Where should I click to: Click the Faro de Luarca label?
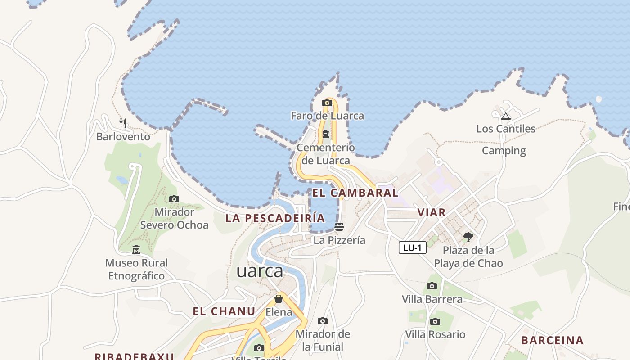tap(327, 116)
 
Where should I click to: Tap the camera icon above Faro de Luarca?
tap(327, 103)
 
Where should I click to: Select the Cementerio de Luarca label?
tap(325, 154)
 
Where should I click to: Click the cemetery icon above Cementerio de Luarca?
tap(325, 134)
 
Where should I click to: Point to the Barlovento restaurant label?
tap(123, 136)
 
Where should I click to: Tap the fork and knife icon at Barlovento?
tap(123, 123)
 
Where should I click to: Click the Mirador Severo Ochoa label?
tap(174, 218)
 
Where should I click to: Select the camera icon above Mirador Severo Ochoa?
tap(174, 199)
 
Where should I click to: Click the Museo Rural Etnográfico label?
tap(136, 269)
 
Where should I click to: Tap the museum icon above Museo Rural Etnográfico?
tap(136, 250)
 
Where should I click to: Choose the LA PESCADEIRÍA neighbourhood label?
tap(275, 218)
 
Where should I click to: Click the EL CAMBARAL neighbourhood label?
tap(355, 193)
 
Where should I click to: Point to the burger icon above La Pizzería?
tap(339, 227)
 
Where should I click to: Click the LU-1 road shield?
tap(412, 247)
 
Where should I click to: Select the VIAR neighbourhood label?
tap(431, 212)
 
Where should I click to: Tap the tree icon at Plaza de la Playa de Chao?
tap(468, 237)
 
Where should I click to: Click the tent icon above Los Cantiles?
tap(506, 117)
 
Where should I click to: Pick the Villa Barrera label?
tap(432, 299)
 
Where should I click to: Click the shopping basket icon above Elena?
tap(279, 299)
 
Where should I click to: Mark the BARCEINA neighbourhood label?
tap(552, 340)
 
